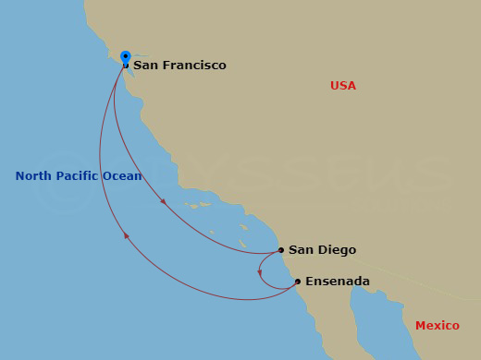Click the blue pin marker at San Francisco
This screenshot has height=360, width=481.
(126, 56)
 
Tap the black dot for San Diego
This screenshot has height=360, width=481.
(281, 249)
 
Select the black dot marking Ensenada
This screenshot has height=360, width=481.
(297, 282)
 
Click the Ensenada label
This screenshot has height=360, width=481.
(338, 282)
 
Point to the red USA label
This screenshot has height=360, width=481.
(343, 86)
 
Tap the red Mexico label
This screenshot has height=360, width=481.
(437, 326)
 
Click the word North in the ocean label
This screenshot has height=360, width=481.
(33, 176)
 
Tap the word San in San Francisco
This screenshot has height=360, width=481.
(143, 66)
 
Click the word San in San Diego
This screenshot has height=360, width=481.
(299, 250)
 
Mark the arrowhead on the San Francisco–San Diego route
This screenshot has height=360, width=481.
(164, 200)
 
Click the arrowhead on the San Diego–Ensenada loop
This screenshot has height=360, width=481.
(260, 272)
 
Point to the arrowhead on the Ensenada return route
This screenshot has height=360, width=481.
(126, 236)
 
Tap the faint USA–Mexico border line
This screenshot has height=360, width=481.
(388, 277)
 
